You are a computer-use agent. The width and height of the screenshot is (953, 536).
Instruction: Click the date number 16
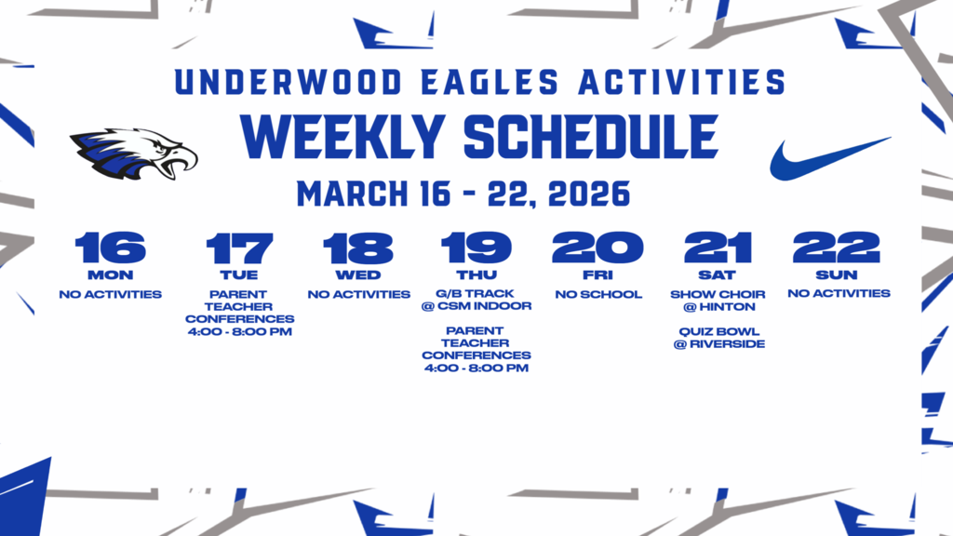pyautogui.click(x=110, y=248)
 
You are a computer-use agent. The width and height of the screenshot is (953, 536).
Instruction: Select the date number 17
pyautogui.click(x=239, y=248)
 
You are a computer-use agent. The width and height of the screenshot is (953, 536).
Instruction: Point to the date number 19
pyautogui.click(x=476, y=248)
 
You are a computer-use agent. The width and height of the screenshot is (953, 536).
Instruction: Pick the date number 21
pyautogui.click(x=718, y=248)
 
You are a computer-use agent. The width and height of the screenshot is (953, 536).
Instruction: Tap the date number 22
pyautogui.click(x=837, y=248)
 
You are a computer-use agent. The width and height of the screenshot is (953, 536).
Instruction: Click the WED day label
pyautogui.click(x=358, y=275)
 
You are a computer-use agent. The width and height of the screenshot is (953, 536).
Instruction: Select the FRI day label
pyautogui.click(x=598, y=275)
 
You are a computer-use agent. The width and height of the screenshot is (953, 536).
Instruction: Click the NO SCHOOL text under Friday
pyautogui.click(x=598, y=295)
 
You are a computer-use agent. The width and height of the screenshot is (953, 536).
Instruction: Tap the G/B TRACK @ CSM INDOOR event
pyautogui.click(x=476, y=301)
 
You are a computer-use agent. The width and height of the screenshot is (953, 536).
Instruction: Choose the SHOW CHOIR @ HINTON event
pyautogui.click(x=718, y=301)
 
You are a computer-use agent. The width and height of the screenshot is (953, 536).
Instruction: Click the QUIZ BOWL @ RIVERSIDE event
pyautogui.click(x=718, y=337)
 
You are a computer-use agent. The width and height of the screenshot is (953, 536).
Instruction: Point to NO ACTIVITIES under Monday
pyautogui.click(x=110, y=295)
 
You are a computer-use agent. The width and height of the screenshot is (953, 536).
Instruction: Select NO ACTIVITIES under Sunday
pyautogui.click(x=838, y=294)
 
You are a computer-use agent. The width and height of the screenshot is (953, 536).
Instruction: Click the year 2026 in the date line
pyautogui.click(x=589, y=194)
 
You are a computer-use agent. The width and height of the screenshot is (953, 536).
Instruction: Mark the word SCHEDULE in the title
pyautogui.click(x=590, y=138)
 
